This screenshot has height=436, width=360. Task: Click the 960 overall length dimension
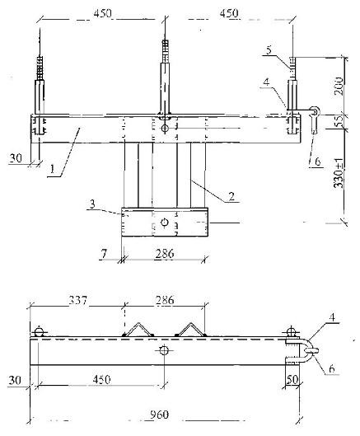click(159, 415)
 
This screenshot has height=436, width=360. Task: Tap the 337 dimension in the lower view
click(78, 300)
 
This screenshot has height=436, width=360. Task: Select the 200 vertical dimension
click(339, 87)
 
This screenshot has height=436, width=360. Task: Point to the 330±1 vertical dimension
click(339, 174)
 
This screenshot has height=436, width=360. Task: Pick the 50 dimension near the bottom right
click(292, 379)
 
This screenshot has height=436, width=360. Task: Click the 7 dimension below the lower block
click(104, 253)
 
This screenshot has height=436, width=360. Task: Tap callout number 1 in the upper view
click(52, 169)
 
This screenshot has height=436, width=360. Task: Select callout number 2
click(231, 196)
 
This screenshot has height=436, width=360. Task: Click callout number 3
click(92, 204)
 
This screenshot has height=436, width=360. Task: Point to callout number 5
click(269, 50)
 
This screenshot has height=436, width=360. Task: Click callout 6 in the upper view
click(317, 162)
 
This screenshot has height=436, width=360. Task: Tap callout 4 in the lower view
click(333, 317)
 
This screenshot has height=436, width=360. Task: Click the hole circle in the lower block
click(164, 223)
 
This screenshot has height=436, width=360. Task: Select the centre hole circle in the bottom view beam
click(164, 350)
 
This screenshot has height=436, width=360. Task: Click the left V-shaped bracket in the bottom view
click(138, 330)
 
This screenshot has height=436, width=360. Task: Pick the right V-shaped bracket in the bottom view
click(190, 330)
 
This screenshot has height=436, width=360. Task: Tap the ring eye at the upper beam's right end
click(315, 111)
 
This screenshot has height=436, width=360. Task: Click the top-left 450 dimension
click(102, 13)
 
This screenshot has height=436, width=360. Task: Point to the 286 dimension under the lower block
click(165, 253)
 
